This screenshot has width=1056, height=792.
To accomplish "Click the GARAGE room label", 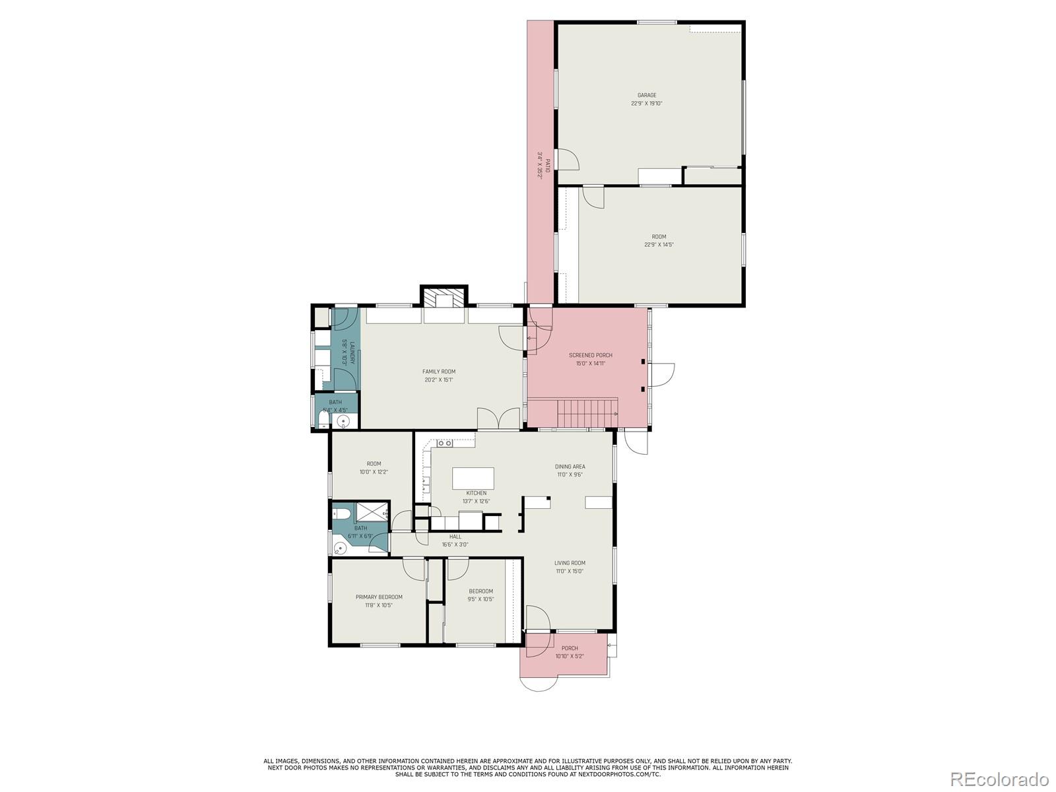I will (x=646, y=95).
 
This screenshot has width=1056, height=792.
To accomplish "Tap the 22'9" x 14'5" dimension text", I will (x=659, y=245).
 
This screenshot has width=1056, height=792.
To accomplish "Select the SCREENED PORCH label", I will (x=590, y=355).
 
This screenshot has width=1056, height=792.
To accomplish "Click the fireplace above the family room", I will (x=444, y=300).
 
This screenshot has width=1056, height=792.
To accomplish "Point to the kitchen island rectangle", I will (x=473, y=478).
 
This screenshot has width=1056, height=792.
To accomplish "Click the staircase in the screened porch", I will (x=587, y=413).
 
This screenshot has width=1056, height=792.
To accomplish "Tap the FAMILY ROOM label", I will (x=439, y=372).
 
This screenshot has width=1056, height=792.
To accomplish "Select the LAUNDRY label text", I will (x=352, y=352).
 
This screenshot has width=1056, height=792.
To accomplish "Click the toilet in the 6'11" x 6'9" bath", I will (x=341, y=513).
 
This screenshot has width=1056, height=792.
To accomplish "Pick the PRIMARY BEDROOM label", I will (x=379, y=597).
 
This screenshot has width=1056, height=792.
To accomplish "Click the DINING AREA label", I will (x=570, y=467).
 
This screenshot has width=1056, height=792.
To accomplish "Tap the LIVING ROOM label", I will (x=570, y=563).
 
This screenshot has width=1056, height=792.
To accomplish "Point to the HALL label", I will (x=455, y=537).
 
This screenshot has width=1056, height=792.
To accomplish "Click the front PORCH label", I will (x=570, y=648).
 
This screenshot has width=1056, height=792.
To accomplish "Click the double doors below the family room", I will (x=499, y=419).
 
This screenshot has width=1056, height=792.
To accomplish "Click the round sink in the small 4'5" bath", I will (x=343, y=420).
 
